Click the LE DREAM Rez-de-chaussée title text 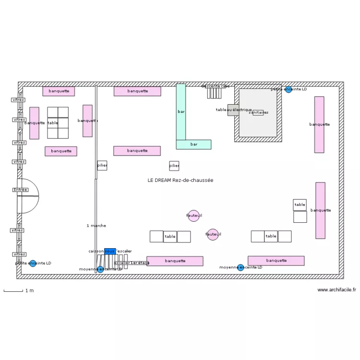(180, 180)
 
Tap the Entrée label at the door (20, 190)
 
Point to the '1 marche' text (96, 226)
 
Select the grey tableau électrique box (233, 110)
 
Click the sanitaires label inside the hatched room (258, 112)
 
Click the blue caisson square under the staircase (109, 251)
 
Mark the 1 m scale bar (13, 290)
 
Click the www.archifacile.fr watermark (336, 290)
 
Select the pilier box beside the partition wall (102, 166)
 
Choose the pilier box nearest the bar (174, 166)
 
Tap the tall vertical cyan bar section (180, 111)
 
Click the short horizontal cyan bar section (193, 144)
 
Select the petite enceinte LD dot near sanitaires (288, 89)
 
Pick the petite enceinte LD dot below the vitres (33, 263)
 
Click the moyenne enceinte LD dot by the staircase (100, 269)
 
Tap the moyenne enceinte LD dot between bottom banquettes (240, 267)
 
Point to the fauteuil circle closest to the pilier (193, 216)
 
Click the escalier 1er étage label (132, 263)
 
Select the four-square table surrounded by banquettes (58, 123)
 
